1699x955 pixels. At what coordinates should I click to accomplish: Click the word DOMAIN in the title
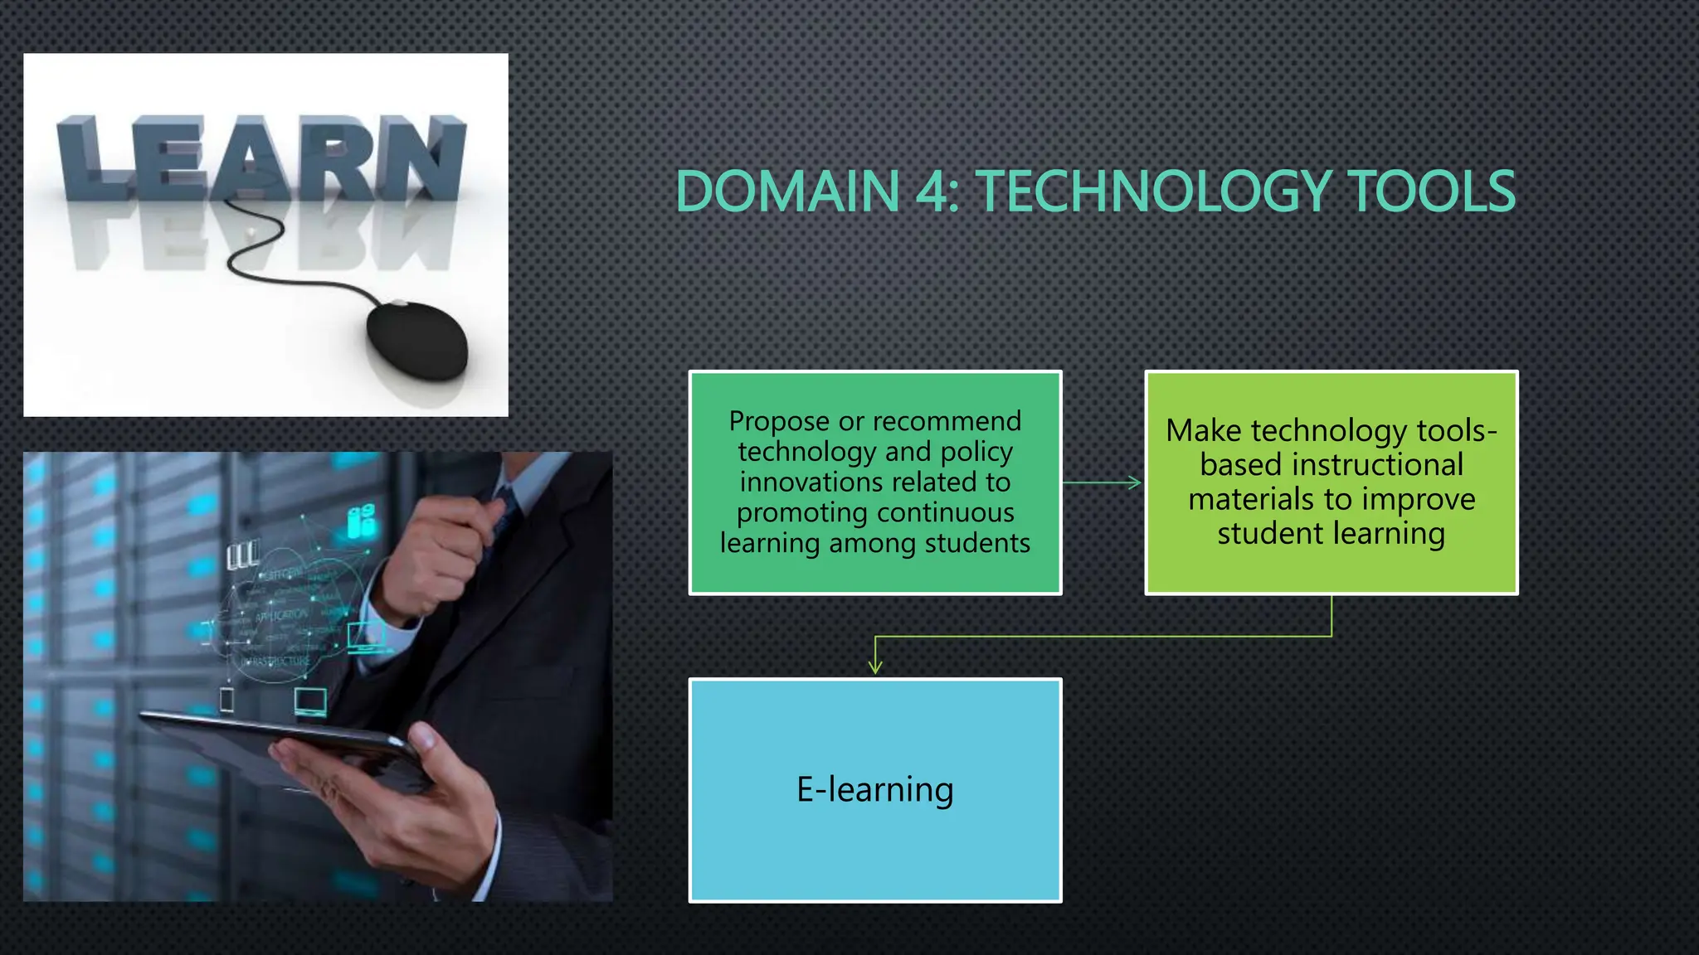(787, 191)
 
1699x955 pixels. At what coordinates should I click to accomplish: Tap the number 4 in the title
(932, 191)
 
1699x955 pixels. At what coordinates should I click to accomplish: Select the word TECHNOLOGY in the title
(1152, 191)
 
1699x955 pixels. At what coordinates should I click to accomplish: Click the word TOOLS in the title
(1430, 191)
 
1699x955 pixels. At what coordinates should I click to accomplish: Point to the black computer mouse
(416, 340)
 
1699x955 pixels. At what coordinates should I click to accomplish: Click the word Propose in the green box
(779, 422)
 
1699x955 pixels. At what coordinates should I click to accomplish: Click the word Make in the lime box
(1203, 431)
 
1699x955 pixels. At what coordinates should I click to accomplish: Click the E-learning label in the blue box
(874, 789)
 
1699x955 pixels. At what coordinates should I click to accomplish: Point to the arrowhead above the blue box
(875, 667)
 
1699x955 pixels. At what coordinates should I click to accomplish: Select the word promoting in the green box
(788, 513)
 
